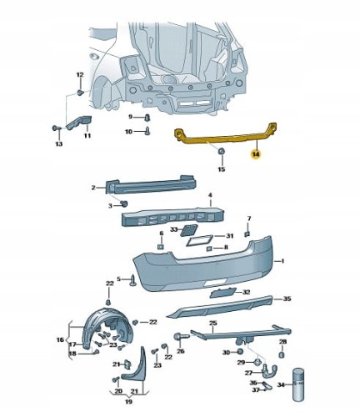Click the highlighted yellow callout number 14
pyautogui.click(x=256, y=154)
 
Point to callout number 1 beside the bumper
pyautogui.click(x=282, y=261)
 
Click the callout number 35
pyautogui.click(x=287, y=299)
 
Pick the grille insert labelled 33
pyautogui.click(x=188, y=230)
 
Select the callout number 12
pyautogui.click(x=80, y=75)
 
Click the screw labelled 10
pyautogui.click(x=147, y=130)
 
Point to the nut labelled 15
pyautogui.click(x=222, y=152)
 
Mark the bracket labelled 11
pyautogui.click(x=78, y=122)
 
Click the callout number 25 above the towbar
pyautogui.click(x=213, y=323)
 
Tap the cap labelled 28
pyautogui.click(x=282, y=354)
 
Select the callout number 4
pyautogui.click(x=210, y=195)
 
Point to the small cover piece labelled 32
pyautogui.click(x=222, y=293)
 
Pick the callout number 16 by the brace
pyautogui.click(x=60, y=339)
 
